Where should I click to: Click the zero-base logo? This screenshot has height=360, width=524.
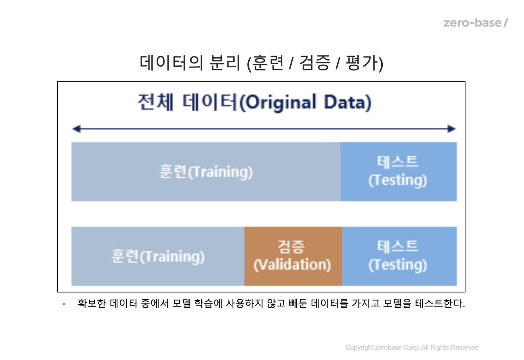[476, 23]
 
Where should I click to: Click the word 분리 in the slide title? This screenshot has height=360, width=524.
[225, 63]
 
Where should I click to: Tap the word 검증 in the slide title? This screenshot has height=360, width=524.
[315, 63]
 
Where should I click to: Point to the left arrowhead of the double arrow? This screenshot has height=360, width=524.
[77, 129]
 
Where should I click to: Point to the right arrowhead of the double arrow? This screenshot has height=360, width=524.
[452, 129]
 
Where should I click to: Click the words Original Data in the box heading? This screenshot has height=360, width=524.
[307, 102]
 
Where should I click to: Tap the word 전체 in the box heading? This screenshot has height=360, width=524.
[155, 102]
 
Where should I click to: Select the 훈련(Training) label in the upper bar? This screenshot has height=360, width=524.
[206, 172]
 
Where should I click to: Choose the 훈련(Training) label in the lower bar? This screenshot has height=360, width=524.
[158, 256]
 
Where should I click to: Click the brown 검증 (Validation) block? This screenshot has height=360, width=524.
[293, 256]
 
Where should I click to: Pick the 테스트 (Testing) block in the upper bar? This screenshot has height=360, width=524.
[399, 171]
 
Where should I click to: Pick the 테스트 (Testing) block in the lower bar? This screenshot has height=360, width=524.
[399, 256]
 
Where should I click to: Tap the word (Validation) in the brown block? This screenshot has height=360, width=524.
[292, 265]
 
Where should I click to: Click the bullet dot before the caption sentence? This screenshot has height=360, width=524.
[63, 304]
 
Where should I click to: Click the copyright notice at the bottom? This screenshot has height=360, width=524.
[412, 347]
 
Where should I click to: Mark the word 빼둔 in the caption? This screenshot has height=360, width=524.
[298, 304]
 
